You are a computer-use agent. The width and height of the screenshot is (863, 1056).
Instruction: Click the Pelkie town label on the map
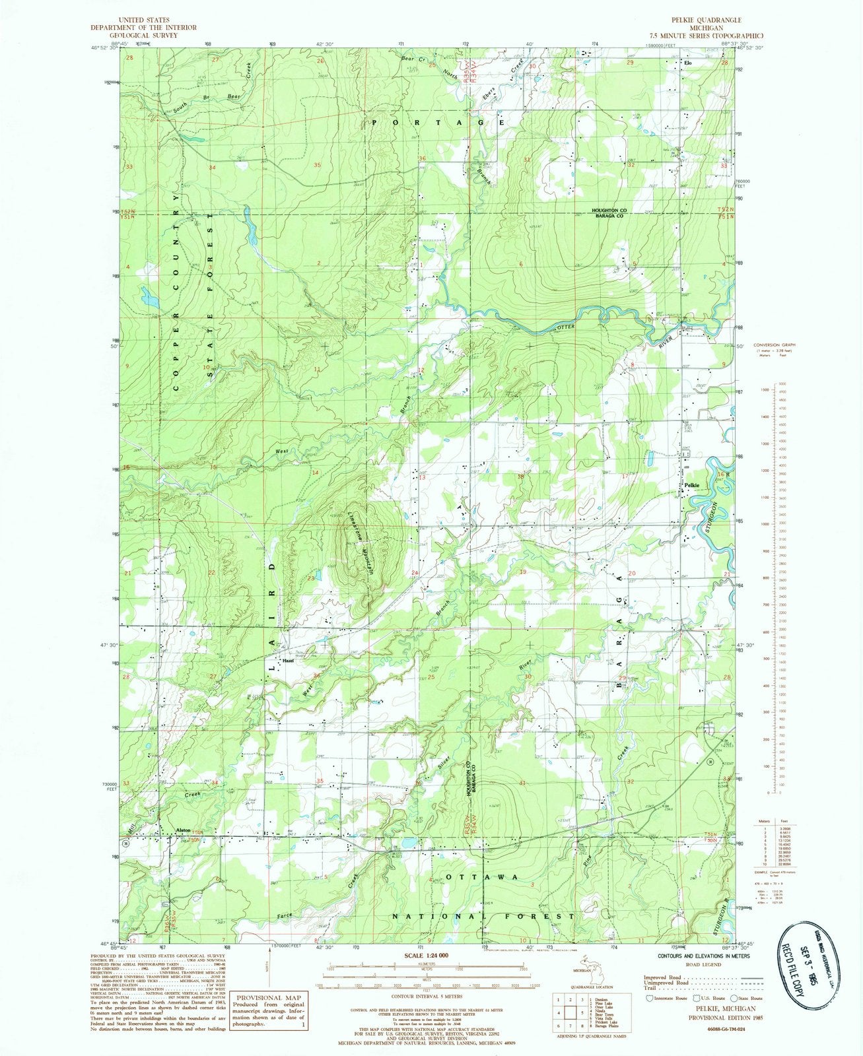coord(691,486)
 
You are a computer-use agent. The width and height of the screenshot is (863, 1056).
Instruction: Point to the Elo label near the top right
coord(687,63)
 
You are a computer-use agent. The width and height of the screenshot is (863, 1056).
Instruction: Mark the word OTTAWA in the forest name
coord(480,877)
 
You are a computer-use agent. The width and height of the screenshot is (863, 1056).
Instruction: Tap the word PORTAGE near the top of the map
coord(437,123)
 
